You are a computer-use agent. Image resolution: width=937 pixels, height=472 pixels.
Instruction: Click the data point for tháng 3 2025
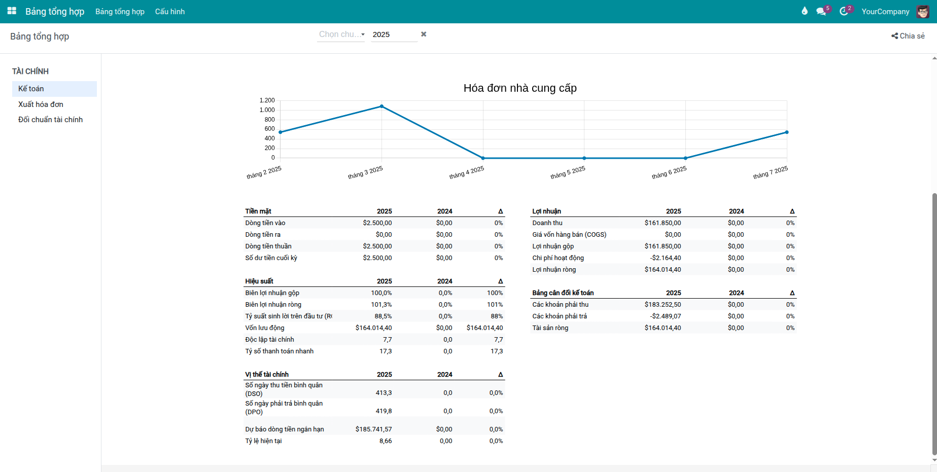coord(381,106)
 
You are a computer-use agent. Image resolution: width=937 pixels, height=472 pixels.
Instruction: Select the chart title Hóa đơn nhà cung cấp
coord(520,88)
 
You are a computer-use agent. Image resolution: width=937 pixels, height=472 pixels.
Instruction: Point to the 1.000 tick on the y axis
coord(267,110)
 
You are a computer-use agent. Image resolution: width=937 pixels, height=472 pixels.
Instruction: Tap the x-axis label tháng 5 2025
coord(568,172)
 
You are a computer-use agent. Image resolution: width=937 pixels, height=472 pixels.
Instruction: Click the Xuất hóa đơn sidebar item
coord(41,104)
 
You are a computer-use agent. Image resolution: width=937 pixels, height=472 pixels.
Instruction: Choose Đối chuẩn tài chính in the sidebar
coord(50,120)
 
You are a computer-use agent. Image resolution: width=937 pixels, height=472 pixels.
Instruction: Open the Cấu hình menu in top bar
coord(170,12)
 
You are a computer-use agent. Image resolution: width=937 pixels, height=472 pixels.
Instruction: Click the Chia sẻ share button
coord(908,36)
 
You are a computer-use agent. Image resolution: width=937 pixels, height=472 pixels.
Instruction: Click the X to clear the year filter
coord(424,34)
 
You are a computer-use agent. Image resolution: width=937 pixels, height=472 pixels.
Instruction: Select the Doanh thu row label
coord(547,223)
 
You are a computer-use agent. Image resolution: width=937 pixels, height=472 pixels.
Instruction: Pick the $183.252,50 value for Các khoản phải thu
coord(663,305)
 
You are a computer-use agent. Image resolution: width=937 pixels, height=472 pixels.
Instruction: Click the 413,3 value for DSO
coord(384,393)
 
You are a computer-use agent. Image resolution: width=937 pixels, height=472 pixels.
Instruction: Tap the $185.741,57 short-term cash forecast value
coord(373,429)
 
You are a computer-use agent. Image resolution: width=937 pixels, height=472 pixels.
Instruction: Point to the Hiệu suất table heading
coord(259,281)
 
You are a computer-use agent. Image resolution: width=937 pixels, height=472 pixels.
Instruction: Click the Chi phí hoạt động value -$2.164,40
coord(665,258)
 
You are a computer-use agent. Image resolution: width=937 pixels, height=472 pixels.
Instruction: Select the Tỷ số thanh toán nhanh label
coord(279,351)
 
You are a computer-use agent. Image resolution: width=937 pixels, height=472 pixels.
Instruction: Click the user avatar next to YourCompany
coord(923,12)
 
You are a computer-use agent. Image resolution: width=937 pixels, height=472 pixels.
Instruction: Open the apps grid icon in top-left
coord(12,11)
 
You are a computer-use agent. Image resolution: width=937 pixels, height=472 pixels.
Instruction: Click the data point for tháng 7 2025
coord(787,132)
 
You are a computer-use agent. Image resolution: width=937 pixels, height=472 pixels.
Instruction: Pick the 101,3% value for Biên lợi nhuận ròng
coord(381,305)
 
